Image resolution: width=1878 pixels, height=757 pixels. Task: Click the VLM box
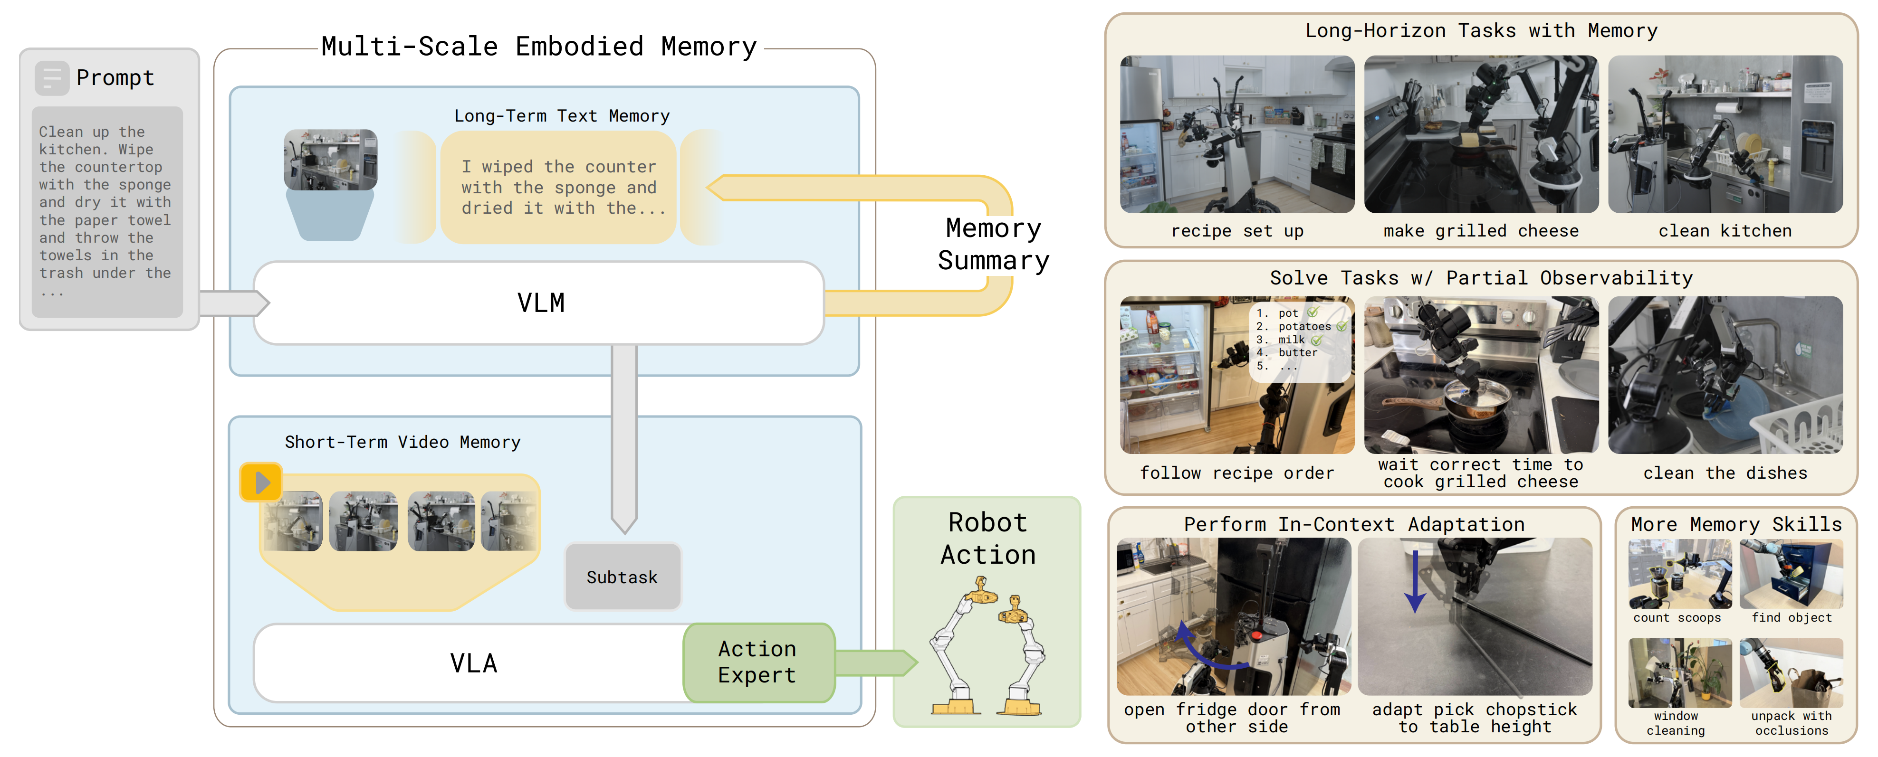pos(539,303)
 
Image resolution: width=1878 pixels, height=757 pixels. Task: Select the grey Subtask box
pos(623,577)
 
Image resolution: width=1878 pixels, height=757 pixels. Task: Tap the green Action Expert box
pos(759,662)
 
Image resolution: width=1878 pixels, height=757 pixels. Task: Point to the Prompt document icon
pos(52,78)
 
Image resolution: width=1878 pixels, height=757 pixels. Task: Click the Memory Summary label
pos(993,244)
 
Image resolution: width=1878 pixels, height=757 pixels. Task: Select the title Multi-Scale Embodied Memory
pos(539,47)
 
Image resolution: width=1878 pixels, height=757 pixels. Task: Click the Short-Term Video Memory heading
pos(402,442)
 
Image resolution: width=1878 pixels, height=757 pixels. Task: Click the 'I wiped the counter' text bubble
pos(558,187)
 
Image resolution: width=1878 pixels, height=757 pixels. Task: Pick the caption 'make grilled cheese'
pos(1481,231)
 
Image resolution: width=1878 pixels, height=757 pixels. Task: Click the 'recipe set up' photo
pos(1237,134)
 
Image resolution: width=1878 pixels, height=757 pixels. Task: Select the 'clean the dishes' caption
pos(1725,473)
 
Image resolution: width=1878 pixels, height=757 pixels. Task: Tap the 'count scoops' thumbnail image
pos(1680,574)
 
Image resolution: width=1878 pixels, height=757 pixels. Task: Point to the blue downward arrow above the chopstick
pos(1415,581)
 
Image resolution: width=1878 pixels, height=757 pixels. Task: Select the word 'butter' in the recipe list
pos(1298,353)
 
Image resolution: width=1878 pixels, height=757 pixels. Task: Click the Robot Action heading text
pos(988,539)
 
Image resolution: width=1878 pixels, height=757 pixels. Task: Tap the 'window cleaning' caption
pos(1676,723)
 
